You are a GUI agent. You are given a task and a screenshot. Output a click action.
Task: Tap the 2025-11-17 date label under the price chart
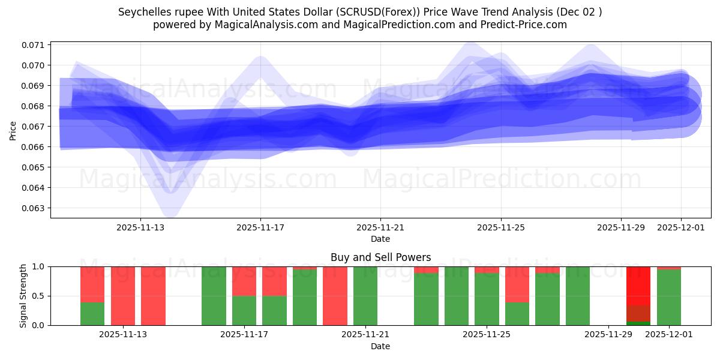260,227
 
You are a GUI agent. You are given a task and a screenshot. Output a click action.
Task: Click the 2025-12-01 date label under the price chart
681,227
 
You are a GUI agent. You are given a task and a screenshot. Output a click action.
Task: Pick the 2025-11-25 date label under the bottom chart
487,335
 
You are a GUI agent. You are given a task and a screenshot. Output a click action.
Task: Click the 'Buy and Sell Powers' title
380,257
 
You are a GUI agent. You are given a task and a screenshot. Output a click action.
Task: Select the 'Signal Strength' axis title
23,295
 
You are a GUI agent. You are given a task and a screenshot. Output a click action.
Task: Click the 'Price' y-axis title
13,130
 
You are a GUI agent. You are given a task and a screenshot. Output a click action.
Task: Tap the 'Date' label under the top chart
380,239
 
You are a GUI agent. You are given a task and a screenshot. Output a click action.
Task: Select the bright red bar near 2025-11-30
638,285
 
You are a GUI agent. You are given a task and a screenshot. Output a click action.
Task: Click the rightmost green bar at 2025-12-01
669,298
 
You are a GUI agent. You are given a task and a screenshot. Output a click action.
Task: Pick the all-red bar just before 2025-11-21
335,296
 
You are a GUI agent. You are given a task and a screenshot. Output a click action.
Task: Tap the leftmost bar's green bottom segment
92,314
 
